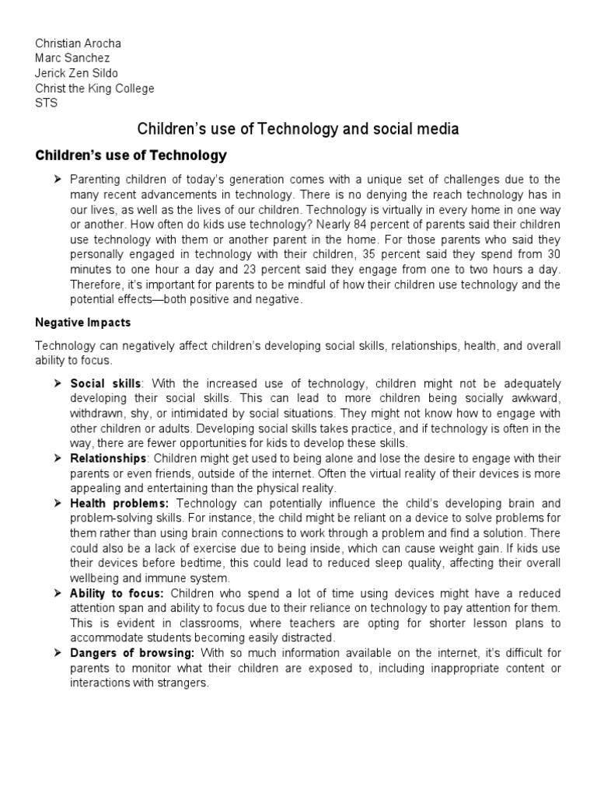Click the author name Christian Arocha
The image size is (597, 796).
(x=78, y=43)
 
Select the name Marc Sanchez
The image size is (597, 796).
(x=72, y=58)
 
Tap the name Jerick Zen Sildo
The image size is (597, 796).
(x=77, y=73)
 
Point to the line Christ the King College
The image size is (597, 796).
(x=95, y=88)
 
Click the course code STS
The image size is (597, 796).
(x=47, y=103)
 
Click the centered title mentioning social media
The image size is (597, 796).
(x=298, y=129)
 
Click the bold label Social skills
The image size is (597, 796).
(x=106, y=384)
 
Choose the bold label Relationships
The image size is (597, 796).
(x=108, y=459)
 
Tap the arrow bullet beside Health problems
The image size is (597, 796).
(x=58, y=504)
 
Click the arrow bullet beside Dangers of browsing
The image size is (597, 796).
(x=58, y=653)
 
